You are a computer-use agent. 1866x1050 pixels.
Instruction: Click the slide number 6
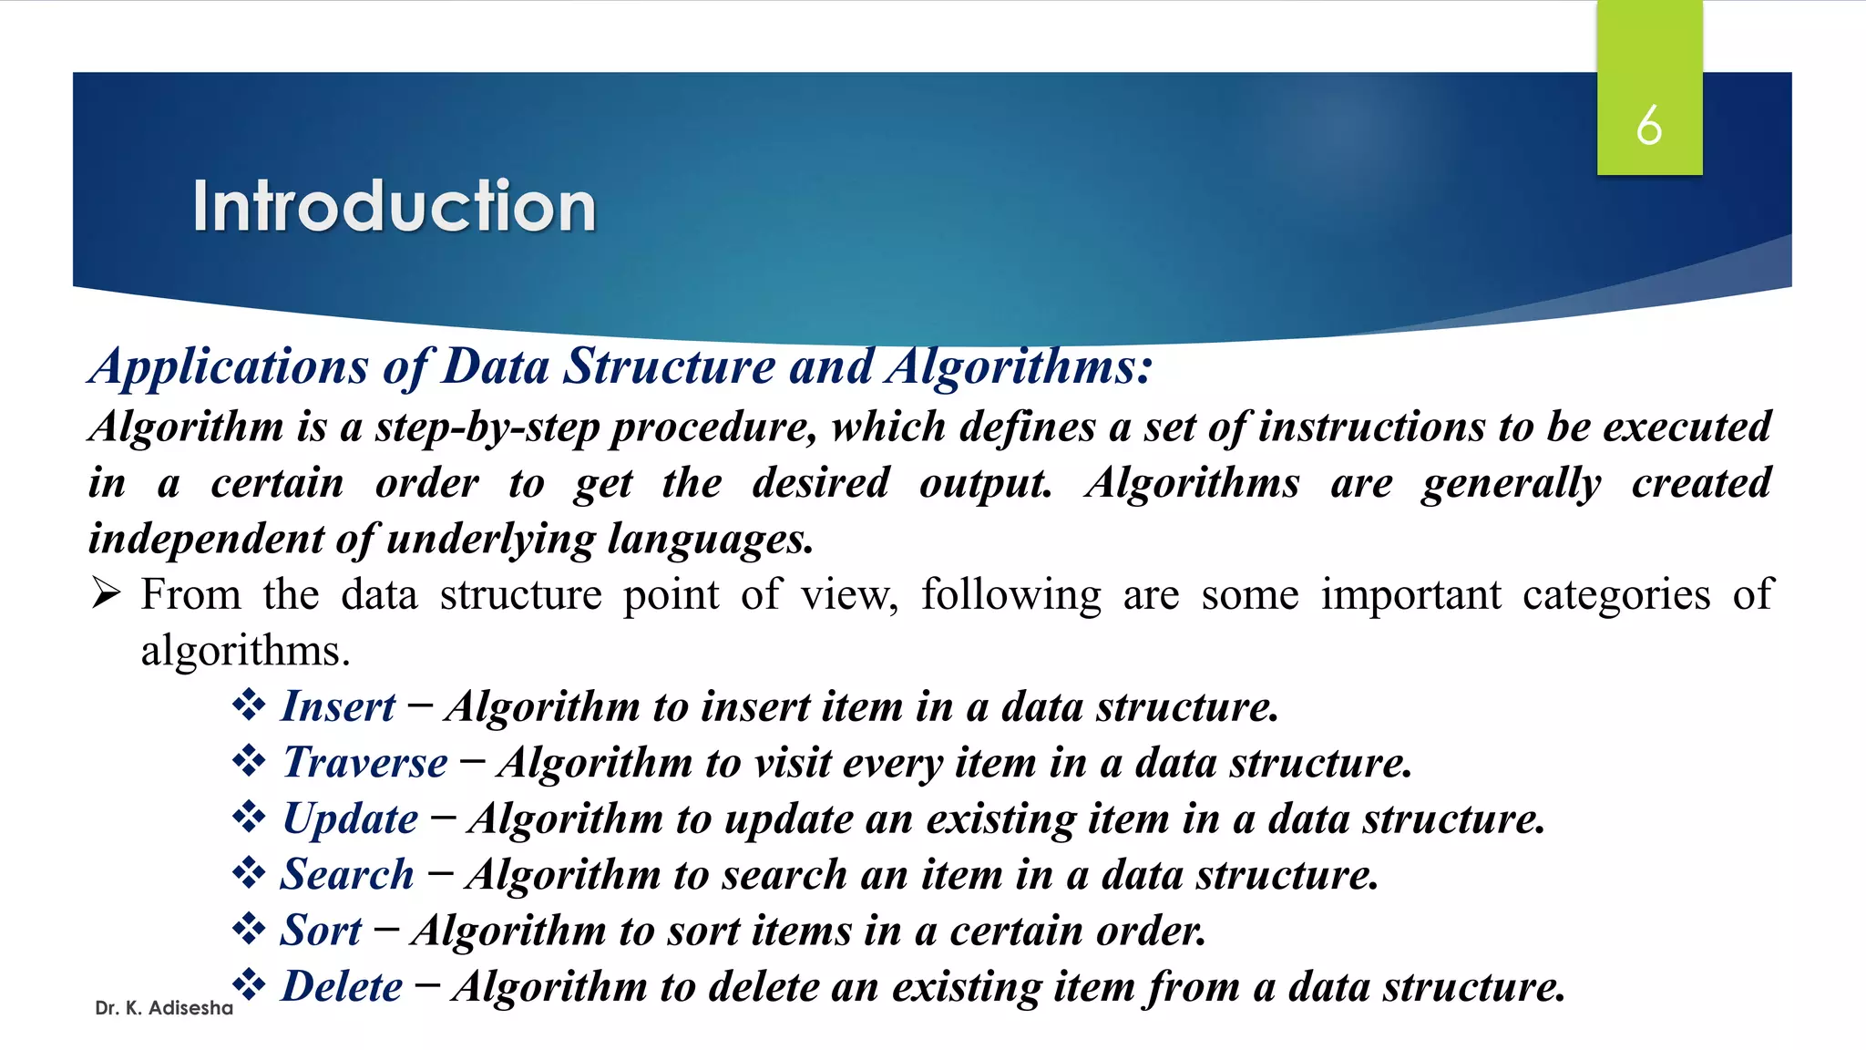[1648, 125]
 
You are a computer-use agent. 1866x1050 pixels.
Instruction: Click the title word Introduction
[394, 206]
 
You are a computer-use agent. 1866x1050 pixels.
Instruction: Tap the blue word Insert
[338, 706]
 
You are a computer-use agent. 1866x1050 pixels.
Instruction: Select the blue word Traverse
[365, 762]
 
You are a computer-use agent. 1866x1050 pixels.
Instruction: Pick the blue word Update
[351, 818]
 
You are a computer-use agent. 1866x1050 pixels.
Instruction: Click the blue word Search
[347, 875]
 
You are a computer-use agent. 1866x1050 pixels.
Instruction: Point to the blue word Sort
[321, 931]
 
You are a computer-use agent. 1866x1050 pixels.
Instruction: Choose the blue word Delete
[342, 986]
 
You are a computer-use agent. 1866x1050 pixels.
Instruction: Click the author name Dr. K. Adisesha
[164, 1008]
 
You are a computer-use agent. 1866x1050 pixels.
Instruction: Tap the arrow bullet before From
[106, 594]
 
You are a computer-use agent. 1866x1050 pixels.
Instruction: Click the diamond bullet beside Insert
[248, 705]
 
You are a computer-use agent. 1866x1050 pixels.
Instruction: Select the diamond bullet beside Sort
[248, 929]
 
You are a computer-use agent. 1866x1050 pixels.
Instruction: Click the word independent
[206, 539]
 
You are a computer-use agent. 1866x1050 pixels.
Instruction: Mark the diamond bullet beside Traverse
[248, 760]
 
